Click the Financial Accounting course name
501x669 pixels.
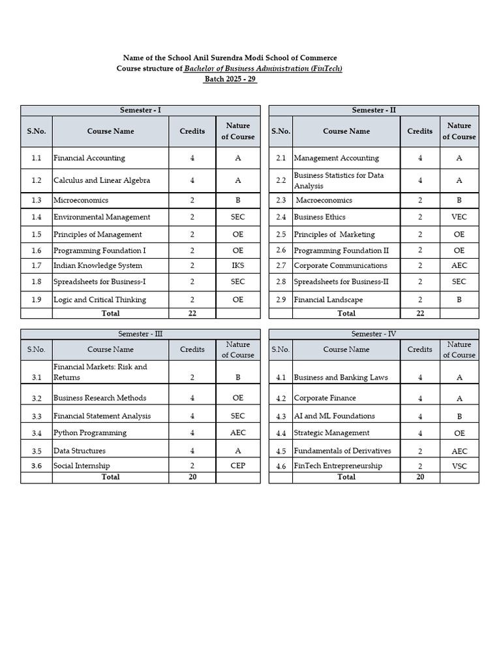click(89, 158)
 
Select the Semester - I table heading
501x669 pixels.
click(140, 110)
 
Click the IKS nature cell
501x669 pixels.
click(237, 266)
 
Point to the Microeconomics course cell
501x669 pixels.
click(81, 201)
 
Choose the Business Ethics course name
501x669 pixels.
click(320, 217)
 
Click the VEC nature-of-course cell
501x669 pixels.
click(459, 217)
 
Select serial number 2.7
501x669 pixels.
click(281, 266)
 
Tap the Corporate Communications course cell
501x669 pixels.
click(341, 266)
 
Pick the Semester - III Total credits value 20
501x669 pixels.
click(192, 478)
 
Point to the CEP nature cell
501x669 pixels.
click(237, 466)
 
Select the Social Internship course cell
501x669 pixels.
click(82, 466)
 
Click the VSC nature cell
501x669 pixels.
click(459, 466)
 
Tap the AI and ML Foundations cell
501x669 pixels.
click(334, 416)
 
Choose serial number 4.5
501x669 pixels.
click(281, 451)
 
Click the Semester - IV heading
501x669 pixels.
click(374, 334)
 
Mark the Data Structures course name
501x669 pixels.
click(80, 451)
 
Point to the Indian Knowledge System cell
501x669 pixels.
click(98, 266)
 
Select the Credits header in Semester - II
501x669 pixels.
click(419, 131)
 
